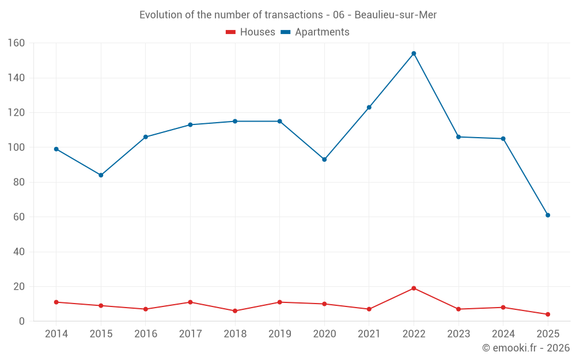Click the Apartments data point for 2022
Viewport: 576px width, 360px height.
pos(414,54)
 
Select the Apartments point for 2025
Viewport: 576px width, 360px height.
pos(548,215)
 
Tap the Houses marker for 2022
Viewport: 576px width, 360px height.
pos(414,289)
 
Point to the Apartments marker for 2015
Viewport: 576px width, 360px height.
pos(101,175)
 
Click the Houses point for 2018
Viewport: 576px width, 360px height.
pos(235,311)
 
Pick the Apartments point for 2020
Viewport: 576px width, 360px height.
pos(324,160)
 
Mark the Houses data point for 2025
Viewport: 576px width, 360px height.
pos(548,314)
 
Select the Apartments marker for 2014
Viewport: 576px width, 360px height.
pos(56,149)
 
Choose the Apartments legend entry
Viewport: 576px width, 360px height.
pos(321,32)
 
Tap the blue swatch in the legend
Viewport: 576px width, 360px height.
pos(285,32)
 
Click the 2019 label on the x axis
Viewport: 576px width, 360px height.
pos(279,334)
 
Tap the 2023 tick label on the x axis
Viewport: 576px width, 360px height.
pos(458,334)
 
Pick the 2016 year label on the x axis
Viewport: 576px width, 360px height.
pos(146,334)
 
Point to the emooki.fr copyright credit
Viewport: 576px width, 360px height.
pos(525,348)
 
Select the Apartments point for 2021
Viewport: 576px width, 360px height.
pos(369,107)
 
